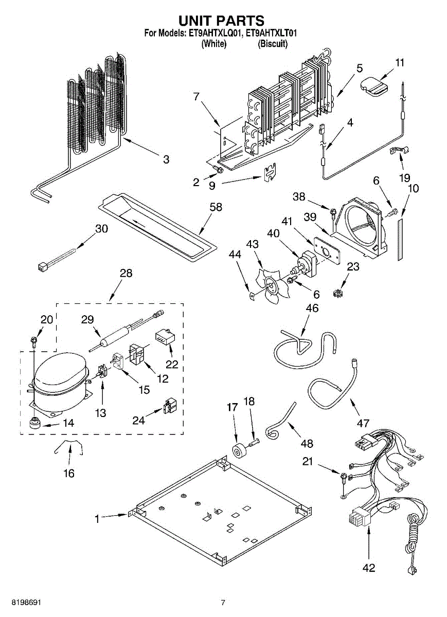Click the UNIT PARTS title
click(x=221, y=21)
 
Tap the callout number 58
click(x=216, y=207)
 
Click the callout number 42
click(x=369, y=568)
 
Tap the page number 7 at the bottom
click(x=223, y=603)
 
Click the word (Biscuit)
click(x=273, y=44)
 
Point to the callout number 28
click(x=126, y=273)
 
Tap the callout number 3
click(x=166, y=159)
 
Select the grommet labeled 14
click(x=35, y=424)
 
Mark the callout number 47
click(x=363, y=423)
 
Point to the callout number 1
click(x=97, y=519)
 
